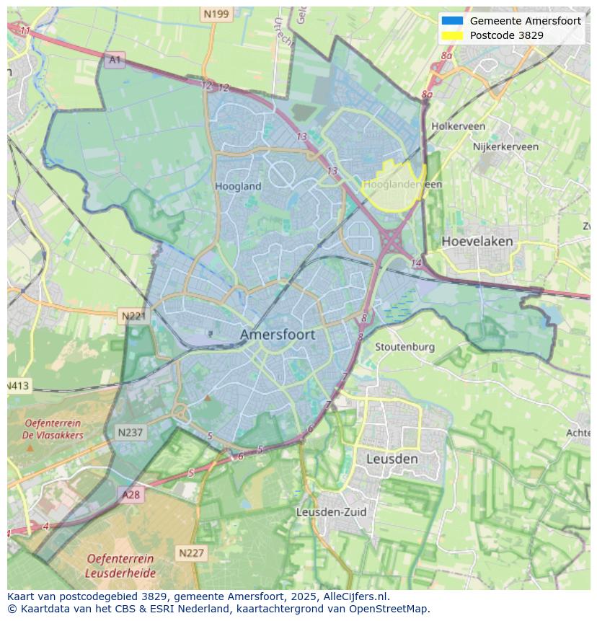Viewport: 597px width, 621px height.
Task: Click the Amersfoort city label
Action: (277, 335)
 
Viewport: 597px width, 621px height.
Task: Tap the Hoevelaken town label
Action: (477, 241)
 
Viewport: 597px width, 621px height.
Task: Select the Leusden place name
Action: (392, 459)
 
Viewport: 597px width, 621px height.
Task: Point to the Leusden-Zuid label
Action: (332, 512)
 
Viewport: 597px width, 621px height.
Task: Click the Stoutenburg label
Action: (404, 347)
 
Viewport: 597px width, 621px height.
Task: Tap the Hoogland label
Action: (238, 186)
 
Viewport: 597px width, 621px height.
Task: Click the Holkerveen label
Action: (458, 126)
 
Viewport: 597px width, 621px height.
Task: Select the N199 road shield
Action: (216, 14)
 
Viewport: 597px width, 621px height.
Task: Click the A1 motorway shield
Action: (115, 59)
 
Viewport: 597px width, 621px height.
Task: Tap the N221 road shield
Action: (133, 316)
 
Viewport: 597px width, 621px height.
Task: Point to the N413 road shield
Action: (19, 386)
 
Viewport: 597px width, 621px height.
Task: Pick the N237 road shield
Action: (131, 433)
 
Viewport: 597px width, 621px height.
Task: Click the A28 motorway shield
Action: (131, 495)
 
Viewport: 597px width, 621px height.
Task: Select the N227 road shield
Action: (191, 553)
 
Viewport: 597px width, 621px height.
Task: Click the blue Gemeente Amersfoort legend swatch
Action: (451, 21)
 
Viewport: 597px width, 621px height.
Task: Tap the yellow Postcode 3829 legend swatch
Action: (451, 35)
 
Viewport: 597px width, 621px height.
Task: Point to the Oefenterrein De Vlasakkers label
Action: (53, 429)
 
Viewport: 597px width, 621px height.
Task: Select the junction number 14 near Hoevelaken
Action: (416, 263)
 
